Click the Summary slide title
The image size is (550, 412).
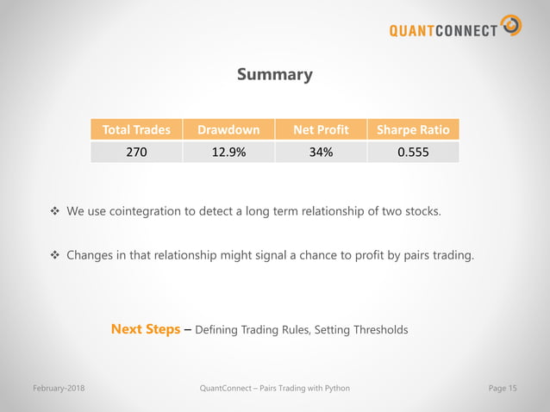coord(274,75)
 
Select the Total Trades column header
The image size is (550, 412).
coord(136,130)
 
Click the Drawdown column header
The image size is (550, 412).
coord(228,130)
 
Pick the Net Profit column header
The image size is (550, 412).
coord(321,130)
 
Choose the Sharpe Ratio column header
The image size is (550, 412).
coord(413,130)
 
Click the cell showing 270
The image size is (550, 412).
coord(136,153)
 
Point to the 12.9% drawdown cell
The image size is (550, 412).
coord(228,153)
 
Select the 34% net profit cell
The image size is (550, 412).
coord(321,153)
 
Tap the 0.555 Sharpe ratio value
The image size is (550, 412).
coord(413,153)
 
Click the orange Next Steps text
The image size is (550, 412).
coord(146,329)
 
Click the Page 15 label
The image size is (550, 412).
coord(503,389)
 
